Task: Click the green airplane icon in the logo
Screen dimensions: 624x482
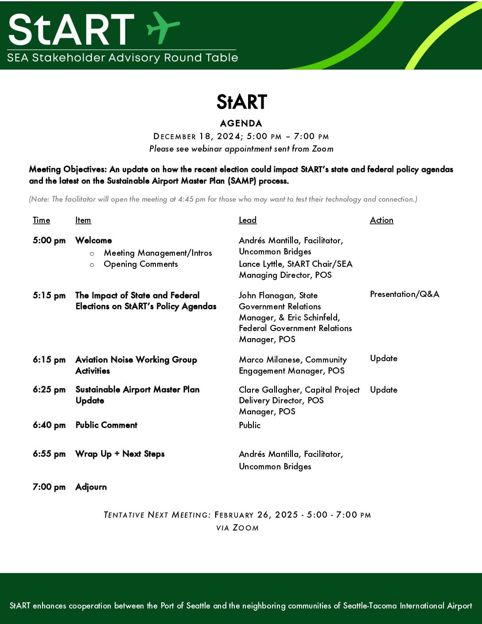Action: click(163, 27)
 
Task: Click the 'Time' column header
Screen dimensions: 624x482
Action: click(41, 220)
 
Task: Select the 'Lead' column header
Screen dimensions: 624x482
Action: click(248, 220)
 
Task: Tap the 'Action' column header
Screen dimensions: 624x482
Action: click(381, 220)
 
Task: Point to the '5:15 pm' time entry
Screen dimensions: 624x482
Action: click(49, 296)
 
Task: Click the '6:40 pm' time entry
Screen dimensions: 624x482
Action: click(49, 425)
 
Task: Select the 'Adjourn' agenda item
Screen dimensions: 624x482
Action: click(91, 487)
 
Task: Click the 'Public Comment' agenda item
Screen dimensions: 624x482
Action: click(106, 425)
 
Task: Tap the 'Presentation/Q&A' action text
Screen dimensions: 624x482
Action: click(404, 294)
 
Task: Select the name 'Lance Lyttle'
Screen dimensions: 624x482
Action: click(260, 264)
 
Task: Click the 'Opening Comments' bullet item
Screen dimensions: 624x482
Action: click(140, 264)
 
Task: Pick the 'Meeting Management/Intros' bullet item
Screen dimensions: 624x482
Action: click(158, 253)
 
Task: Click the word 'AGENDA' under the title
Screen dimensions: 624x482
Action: click(241, 124)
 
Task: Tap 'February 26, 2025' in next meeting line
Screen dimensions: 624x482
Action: click(256, 515)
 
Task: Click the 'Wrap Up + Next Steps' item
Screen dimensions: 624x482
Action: click(120, 454)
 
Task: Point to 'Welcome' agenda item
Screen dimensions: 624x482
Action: click(93, 240)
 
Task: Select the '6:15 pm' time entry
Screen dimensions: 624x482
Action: click(49, 360)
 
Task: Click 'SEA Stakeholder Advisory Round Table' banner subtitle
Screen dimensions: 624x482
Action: click(123, 58)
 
